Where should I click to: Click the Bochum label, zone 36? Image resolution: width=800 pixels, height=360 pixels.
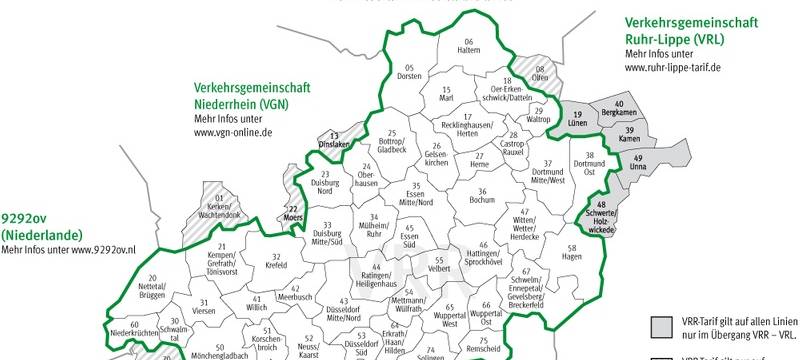click(482, 196)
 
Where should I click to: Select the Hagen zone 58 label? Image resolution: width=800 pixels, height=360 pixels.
click(572, 251)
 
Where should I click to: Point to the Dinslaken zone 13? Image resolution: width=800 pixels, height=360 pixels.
click(334, 140)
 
